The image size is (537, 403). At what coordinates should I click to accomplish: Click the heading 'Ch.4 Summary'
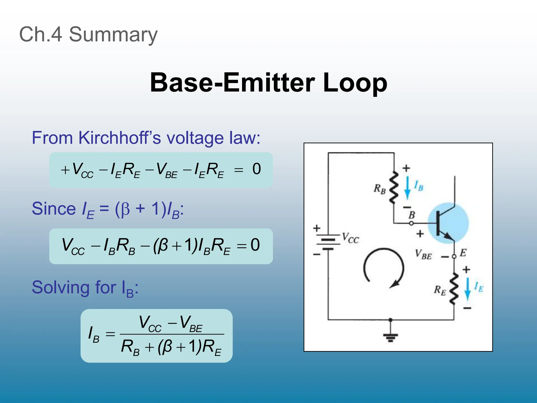tap(88, 34)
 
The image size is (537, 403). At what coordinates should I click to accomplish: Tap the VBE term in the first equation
tap(166, 170)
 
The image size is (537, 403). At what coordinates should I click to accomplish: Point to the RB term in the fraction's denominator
tap(130, 347)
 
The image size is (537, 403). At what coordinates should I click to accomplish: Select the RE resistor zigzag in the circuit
tap(454, 289)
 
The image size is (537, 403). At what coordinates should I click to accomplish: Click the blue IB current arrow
tap(407, 188)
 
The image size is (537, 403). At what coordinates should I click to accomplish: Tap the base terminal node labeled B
tap(411, 223)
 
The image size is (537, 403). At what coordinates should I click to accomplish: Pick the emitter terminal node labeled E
tap(454, 256)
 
